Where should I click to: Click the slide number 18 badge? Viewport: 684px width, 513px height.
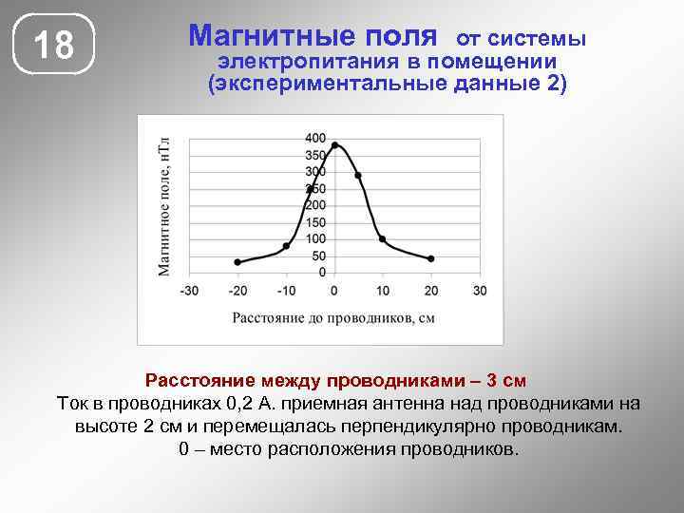[54, 45]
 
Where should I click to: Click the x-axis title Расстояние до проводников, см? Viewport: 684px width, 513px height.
[333, 317]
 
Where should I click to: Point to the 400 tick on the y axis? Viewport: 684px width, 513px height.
[315, 138]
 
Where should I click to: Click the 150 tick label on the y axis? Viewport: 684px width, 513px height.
[315, 222]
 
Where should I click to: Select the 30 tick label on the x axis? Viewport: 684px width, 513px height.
[479, 290]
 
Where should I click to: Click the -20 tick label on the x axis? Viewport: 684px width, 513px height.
[237, 290]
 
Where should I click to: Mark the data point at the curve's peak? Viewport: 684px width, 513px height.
[335, 145]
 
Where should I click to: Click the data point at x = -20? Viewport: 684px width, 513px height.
[237, 262]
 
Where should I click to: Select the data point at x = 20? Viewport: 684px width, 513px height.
[431, 258]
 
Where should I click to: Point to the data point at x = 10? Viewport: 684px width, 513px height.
[382, 238]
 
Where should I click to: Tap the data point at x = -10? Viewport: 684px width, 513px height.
[286, 246]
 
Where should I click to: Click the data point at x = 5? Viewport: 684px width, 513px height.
[358, 176]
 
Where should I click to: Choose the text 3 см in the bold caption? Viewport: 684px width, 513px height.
[501, 382]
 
